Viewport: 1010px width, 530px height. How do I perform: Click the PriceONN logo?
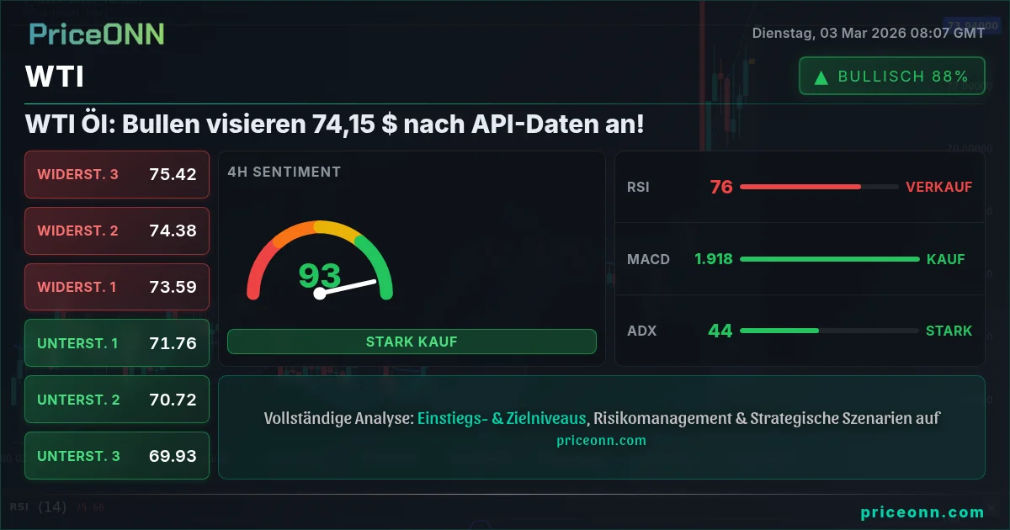pyautogui.click(x=97, y=34)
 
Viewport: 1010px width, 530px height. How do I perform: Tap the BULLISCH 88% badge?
pyautogui.click(x=892, y=76)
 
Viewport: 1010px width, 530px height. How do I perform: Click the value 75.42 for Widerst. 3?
pyautogui.click(x=173, y=174)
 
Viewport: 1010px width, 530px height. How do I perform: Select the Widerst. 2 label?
pyautogui.click(x=77, y=231)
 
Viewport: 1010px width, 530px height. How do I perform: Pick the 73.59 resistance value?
pyautogui.click(x=173, y=287)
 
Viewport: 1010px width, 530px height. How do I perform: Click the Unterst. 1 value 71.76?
pyautogui.click(x=173, y=343)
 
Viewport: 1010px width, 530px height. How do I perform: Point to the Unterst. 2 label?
pyautogui.click(x=78, y=400)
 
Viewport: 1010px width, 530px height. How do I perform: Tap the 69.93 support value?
pyautogui.click(x=173, y=456)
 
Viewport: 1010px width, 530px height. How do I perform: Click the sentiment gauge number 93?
pyautogui.click(x=320, y=275)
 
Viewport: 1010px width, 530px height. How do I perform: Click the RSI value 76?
pyautogui.click(x=721, y=187)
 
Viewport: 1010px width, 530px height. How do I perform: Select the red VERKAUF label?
pyautogui.click(x=938, y=187)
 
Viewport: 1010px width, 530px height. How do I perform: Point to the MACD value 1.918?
pyautogui.click(x=714, y=259)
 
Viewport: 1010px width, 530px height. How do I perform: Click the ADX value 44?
pyautogui.click(x=720, y=331)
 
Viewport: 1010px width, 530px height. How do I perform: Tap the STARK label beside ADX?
pyautogui.click(x=949, y=331)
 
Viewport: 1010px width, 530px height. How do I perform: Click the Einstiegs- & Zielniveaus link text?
pyautogui.click(x=502, y=418)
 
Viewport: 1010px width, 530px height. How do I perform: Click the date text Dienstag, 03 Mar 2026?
pyautogui.click(x=829, y=33)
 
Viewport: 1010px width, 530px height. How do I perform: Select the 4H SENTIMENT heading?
pyautogui.click(x=284, y=172)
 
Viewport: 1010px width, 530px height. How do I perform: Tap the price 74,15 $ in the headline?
pyautogui.click(x=355, y=124)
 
